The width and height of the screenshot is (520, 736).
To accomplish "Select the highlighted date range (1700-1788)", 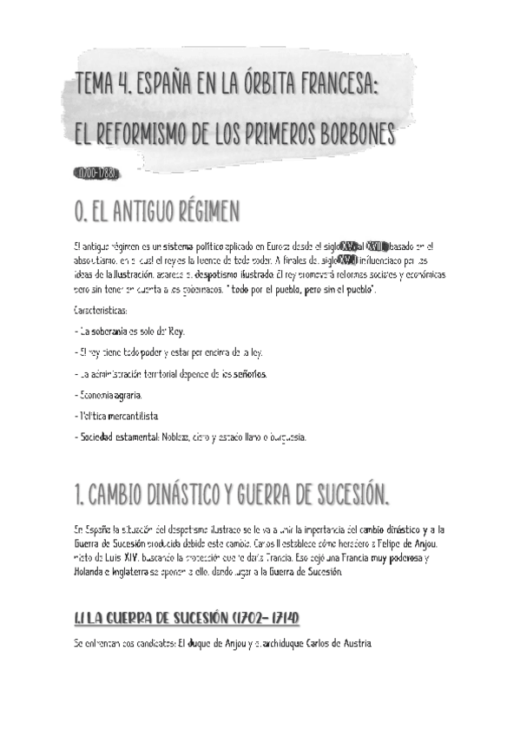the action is point(96,174).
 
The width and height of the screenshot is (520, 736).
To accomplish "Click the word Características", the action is point(102,310).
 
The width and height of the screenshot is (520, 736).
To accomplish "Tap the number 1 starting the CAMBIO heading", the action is point(79,495).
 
